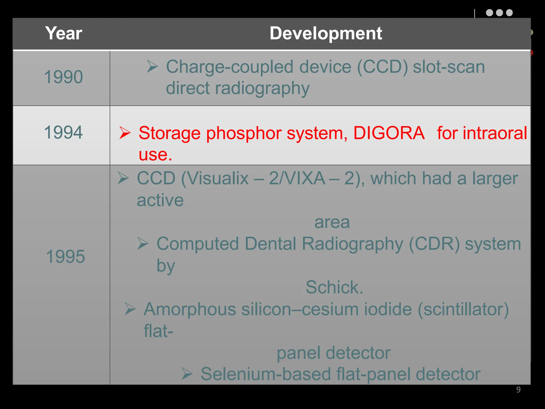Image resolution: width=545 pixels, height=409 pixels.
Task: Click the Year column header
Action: click(64, 34)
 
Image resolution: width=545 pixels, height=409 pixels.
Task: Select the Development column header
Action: click(325, 34)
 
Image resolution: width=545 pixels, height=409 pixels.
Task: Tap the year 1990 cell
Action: click(63, 77)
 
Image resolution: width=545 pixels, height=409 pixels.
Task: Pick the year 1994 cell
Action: click(63, 132)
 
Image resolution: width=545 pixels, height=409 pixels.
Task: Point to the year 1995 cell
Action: click(65, 257)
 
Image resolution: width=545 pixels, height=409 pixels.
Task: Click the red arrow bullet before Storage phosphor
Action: click(125, 133)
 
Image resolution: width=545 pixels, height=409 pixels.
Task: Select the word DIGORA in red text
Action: click(389, 133)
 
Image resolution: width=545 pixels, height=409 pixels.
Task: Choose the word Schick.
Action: click(334, 287)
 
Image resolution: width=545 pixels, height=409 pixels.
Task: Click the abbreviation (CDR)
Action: click(434, 244)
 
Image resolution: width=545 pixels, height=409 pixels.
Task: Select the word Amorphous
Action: click(190, 309)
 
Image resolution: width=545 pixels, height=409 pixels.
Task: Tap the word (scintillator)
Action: click(463, 309)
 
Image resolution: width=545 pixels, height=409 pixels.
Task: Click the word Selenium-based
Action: click(265, 374)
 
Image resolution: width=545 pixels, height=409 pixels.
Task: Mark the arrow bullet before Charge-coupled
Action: click(152, 66)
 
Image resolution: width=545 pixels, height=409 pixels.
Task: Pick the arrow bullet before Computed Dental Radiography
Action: click(143, 243)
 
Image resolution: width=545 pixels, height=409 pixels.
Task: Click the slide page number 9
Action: click(518, 390)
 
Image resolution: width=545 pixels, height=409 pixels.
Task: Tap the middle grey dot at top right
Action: click(499, 13)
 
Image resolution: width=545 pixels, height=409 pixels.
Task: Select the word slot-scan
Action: click(449, 67)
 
